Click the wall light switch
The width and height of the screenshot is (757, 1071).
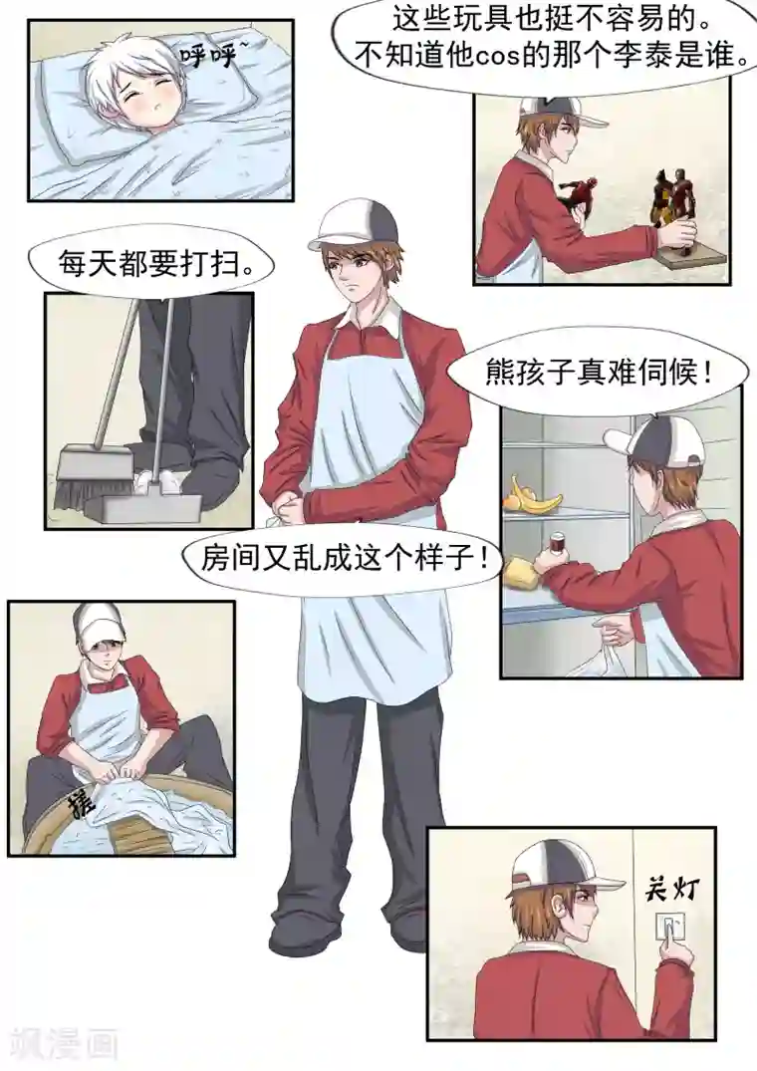pos(667,930)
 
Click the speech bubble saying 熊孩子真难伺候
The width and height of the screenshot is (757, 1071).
pos(598,375)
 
